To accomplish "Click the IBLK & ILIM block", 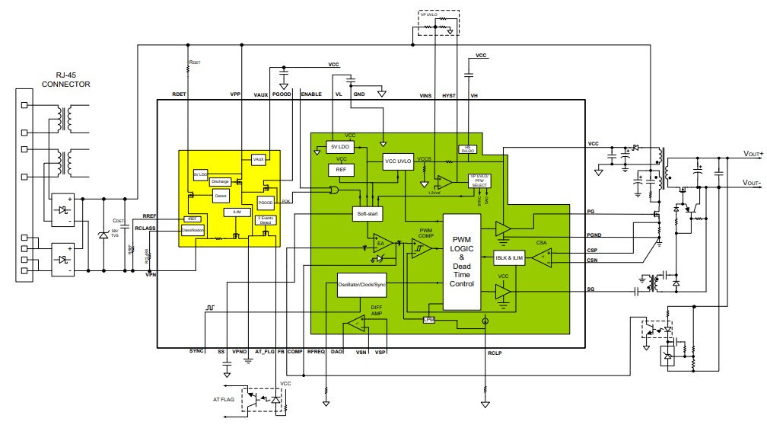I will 509,258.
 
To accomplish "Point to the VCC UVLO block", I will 397,162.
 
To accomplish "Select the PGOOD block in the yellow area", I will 266,203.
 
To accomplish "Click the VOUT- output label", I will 747,184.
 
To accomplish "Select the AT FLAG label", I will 224,399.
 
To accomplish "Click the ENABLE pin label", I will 311,94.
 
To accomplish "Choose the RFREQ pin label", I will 315,353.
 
